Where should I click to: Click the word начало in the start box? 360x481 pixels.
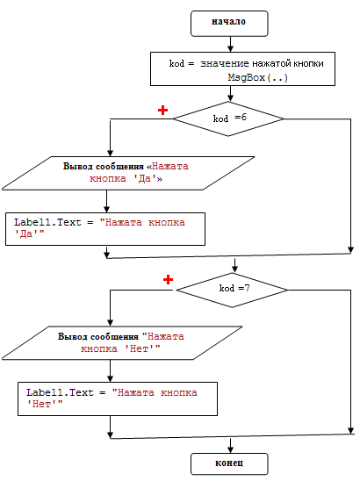coord(228,21)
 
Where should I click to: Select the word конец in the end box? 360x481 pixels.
coord(229,463)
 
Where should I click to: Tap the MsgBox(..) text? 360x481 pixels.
coord(258,77)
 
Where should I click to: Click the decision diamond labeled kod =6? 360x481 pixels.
coord(228,118)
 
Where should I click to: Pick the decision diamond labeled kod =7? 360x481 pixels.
coord(232,290)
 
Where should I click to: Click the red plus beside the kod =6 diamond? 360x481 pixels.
coord(162,111)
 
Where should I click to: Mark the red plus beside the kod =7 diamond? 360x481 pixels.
coord(168,280)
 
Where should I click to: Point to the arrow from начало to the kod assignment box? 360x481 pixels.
coord(230,44)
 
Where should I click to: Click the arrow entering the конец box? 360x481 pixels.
coord(230,445)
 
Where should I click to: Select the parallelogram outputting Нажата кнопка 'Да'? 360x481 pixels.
coord(128,173)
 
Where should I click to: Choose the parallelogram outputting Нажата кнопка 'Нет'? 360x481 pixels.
coord(122,342)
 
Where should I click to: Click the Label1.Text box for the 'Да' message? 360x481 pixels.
coord(105,229)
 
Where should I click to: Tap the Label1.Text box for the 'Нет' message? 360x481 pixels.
coord(118,398)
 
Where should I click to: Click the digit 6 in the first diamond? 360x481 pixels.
coord(244,118)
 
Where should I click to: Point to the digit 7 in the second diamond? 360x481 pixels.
coord(247,288)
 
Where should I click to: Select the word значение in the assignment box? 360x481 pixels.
coord(225,63)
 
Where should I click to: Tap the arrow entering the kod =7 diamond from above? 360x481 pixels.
coord(234,265)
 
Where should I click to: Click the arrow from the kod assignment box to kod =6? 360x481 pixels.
coord(230,94)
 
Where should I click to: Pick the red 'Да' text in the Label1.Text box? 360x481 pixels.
coord(29,233)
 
